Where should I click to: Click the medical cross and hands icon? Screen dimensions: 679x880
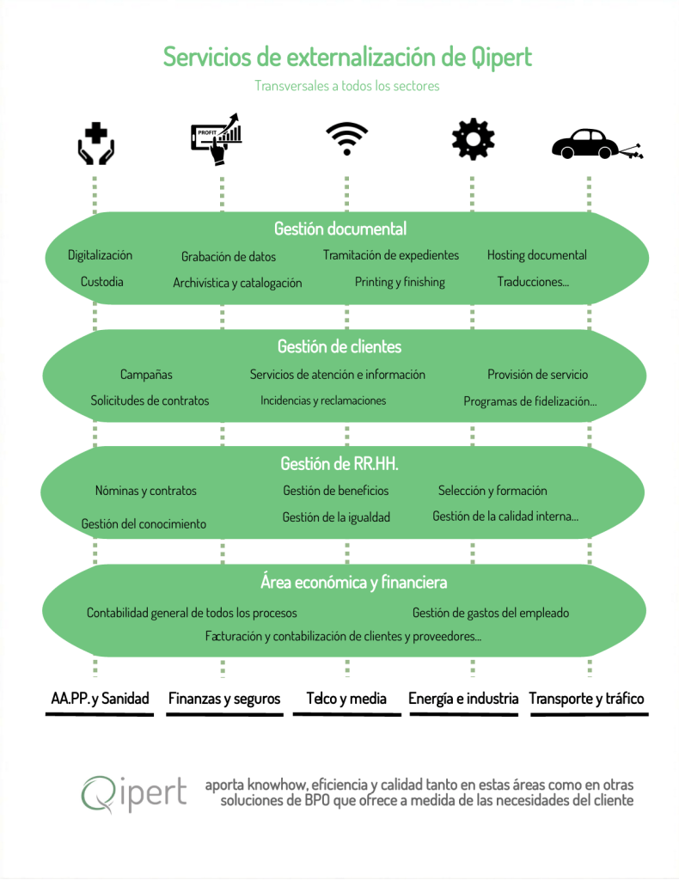pos(96,144)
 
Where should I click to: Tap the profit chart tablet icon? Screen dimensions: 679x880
pos(217,139)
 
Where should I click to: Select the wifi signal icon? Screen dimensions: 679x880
pos(346,138)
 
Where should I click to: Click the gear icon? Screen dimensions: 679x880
pos(473,139)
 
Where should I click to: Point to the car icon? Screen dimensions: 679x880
pos(597,144)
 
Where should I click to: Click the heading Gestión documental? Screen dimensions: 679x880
pos(340,229)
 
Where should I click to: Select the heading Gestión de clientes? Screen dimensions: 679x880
pos(339,346)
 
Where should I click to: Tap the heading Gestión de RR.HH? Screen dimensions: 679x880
pos(339,463)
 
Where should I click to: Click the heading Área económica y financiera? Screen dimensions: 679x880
pos(353,582)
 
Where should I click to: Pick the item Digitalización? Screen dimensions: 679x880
pos(100,255)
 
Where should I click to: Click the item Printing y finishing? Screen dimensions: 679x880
pos(400,282)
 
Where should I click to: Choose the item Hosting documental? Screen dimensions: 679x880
pos(537,254)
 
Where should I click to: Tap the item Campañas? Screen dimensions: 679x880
pos(146,375)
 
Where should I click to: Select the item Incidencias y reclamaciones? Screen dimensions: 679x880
pos(323,400)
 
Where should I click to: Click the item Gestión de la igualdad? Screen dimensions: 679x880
pos(336,516)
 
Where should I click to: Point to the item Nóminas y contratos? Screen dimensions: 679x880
pos(146,491)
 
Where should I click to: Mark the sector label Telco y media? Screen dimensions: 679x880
pos(346,698)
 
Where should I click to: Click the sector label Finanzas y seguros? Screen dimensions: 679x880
pos(224,699)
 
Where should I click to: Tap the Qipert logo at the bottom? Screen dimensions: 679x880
pos(133,793)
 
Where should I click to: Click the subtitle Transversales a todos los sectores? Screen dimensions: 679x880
pos(346,86)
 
